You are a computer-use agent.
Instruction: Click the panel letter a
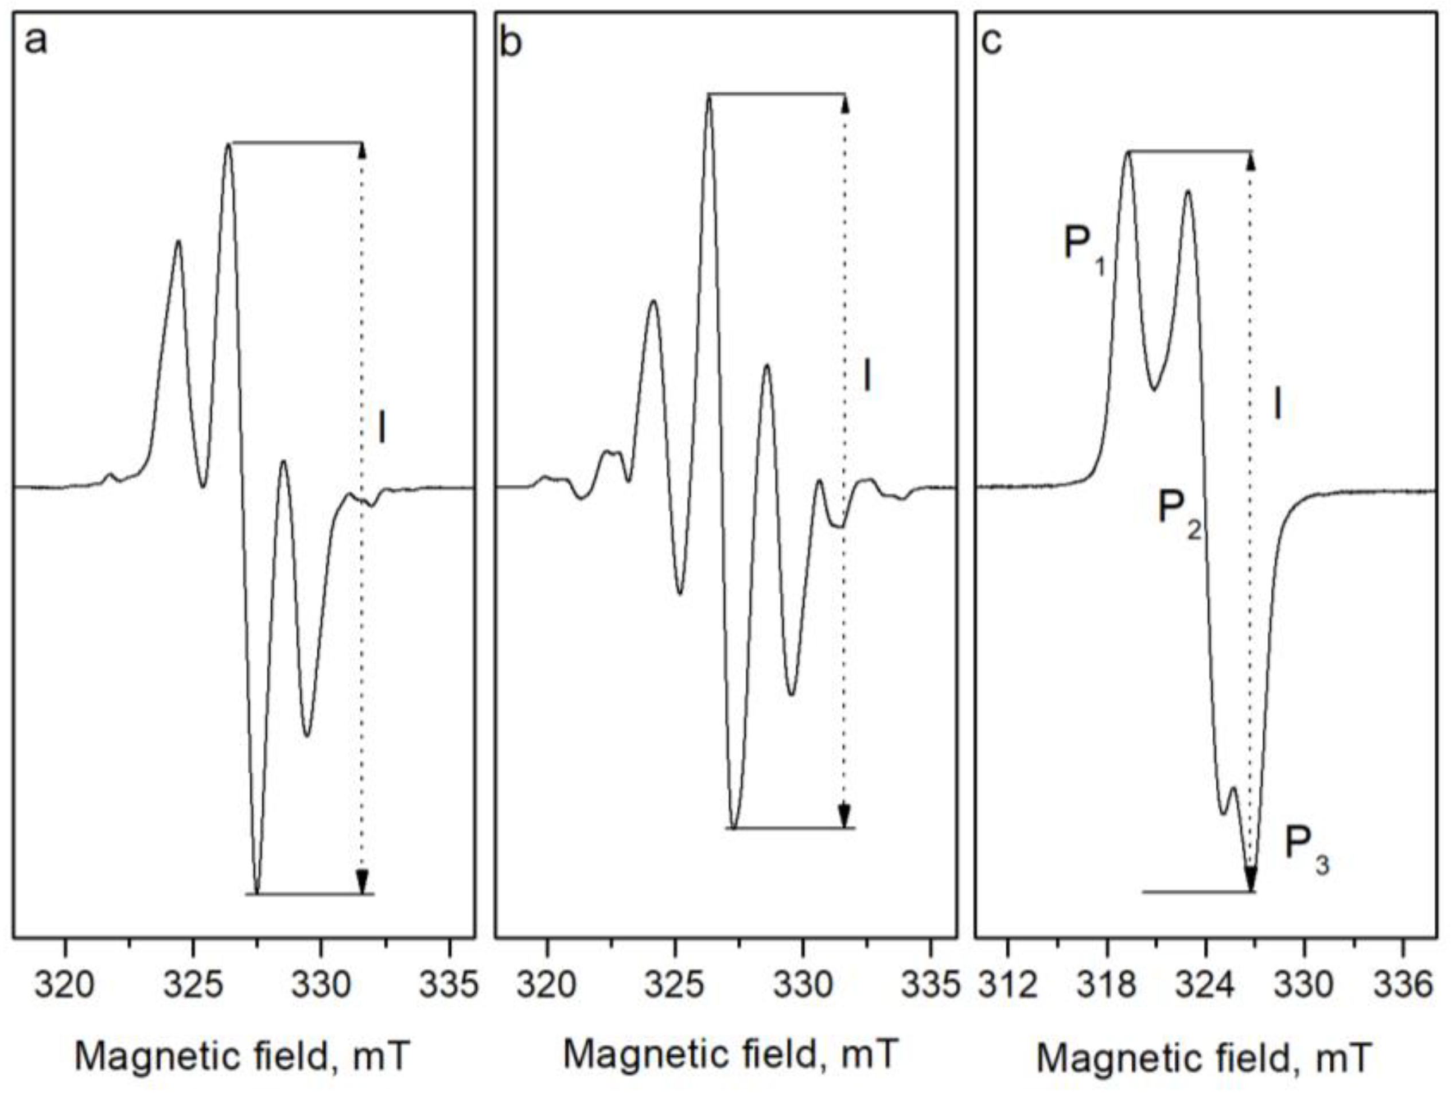pos(36,44)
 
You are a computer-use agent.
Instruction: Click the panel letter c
pos(991,44)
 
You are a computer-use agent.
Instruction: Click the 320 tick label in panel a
pos(65,986)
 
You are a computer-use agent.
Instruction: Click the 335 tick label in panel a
pos(449,986)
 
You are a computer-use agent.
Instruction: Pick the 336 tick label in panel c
pos(1403,986)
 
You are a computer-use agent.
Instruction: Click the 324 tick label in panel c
pos(1206,986)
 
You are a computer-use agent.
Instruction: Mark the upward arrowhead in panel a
pos(362,150)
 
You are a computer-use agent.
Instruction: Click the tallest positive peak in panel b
pos(709,98)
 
